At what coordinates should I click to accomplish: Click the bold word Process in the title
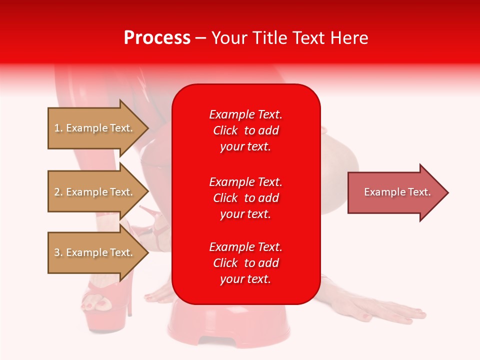[157, 38]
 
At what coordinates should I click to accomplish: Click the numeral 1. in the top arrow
[58, 128]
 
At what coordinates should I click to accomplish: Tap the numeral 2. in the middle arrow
[58, 192]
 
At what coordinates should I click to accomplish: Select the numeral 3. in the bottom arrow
[58, 252]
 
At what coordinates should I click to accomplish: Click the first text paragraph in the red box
[245, 130]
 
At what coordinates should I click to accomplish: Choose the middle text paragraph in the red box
[245, 197]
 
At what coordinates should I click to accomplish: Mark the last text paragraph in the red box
[245, 263]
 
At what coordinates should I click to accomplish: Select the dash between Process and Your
[200, 38]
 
